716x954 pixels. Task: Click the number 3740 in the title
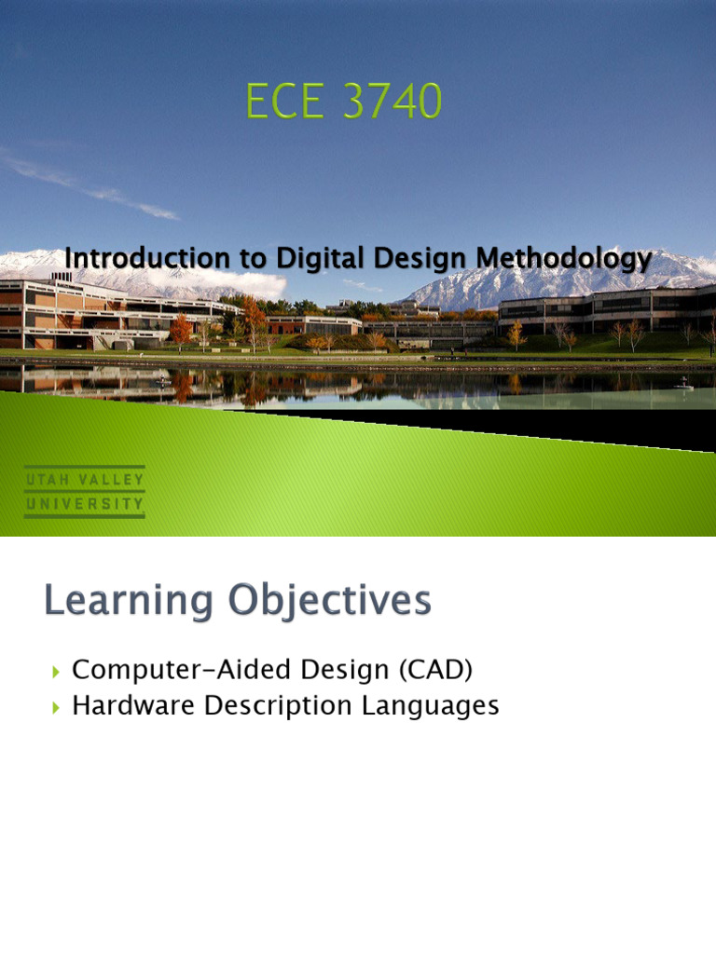(392, 102)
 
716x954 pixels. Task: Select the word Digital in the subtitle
(283, 258)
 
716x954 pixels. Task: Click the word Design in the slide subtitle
(380, 258)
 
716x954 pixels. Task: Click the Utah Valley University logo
(84, 492)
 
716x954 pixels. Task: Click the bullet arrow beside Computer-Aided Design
(55, 671)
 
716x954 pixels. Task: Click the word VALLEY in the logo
(111, 480)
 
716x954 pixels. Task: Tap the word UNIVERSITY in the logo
(84, 504)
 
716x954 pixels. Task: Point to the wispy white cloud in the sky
(93, 186)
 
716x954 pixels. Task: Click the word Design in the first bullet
(314, 670)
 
